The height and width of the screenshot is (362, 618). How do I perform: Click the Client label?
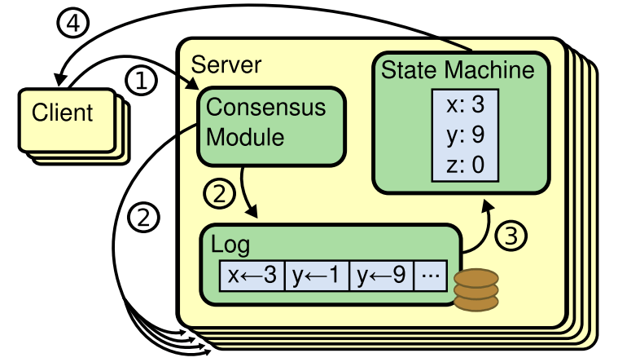click(x=63, y=113)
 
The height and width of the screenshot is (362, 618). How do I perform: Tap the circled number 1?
click(x=141, y=80)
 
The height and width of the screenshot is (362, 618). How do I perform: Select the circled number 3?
click(x=511, y=236)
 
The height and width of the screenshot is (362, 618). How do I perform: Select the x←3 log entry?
click(x=252, y=276)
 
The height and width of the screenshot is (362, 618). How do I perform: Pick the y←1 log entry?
click(x=317, y=276)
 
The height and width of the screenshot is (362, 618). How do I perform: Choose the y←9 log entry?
click(x=382, y=276)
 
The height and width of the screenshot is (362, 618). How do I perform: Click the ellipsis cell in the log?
click(x=431, y=276)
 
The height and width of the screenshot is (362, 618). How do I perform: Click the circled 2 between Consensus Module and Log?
click(x=218, y=194)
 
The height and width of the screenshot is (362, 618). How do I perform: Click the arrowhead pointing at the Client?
click(x=60, y=81)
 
